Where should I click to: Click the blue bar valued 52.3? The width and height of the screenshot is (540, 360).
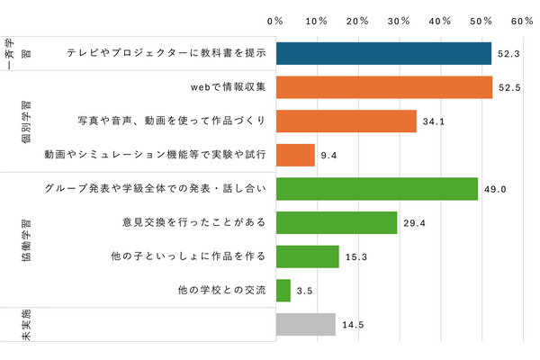click(383, 53)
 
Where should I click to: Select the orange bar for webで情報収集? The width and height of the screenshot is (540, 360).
click(384, 87)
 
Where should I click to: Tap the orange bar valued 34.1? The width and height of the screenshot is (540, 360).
click(346, 121)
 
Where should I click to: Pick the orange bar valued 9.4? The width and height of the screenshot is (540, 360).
click(295, 155)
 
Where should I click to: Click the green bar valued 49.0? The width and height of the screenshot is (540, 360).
click(377, 189)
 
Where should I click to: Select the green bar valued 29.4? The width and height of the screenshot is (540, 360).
click(337, 222)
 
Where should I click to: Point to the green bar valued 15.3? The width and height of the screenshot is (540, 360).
click(308, 256)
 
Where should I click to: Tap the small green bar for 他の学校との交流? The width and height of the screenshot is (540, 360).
click(283, 290)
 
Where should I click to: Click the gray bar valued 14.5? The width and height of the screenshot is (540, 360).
click(306, 324)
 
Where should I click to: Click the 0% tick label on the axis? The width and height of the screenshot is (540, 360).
click(276, 21)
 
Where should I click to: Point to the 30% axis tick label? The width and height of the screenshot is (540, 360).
click(400, 21)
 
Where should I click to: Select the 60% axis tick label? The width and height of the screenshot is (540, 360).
click(522, 21)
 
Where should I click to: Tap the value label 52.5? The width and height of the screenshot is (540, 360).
click(510, 88)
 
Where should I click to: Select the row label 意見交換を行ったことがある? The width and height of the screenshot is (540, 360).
click(193, 223)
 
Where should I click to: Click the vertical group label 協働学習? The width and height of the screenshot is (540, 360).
click(24, 239)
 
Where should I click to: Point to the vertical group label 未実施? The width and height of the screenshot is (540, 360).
click(24, 325)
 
